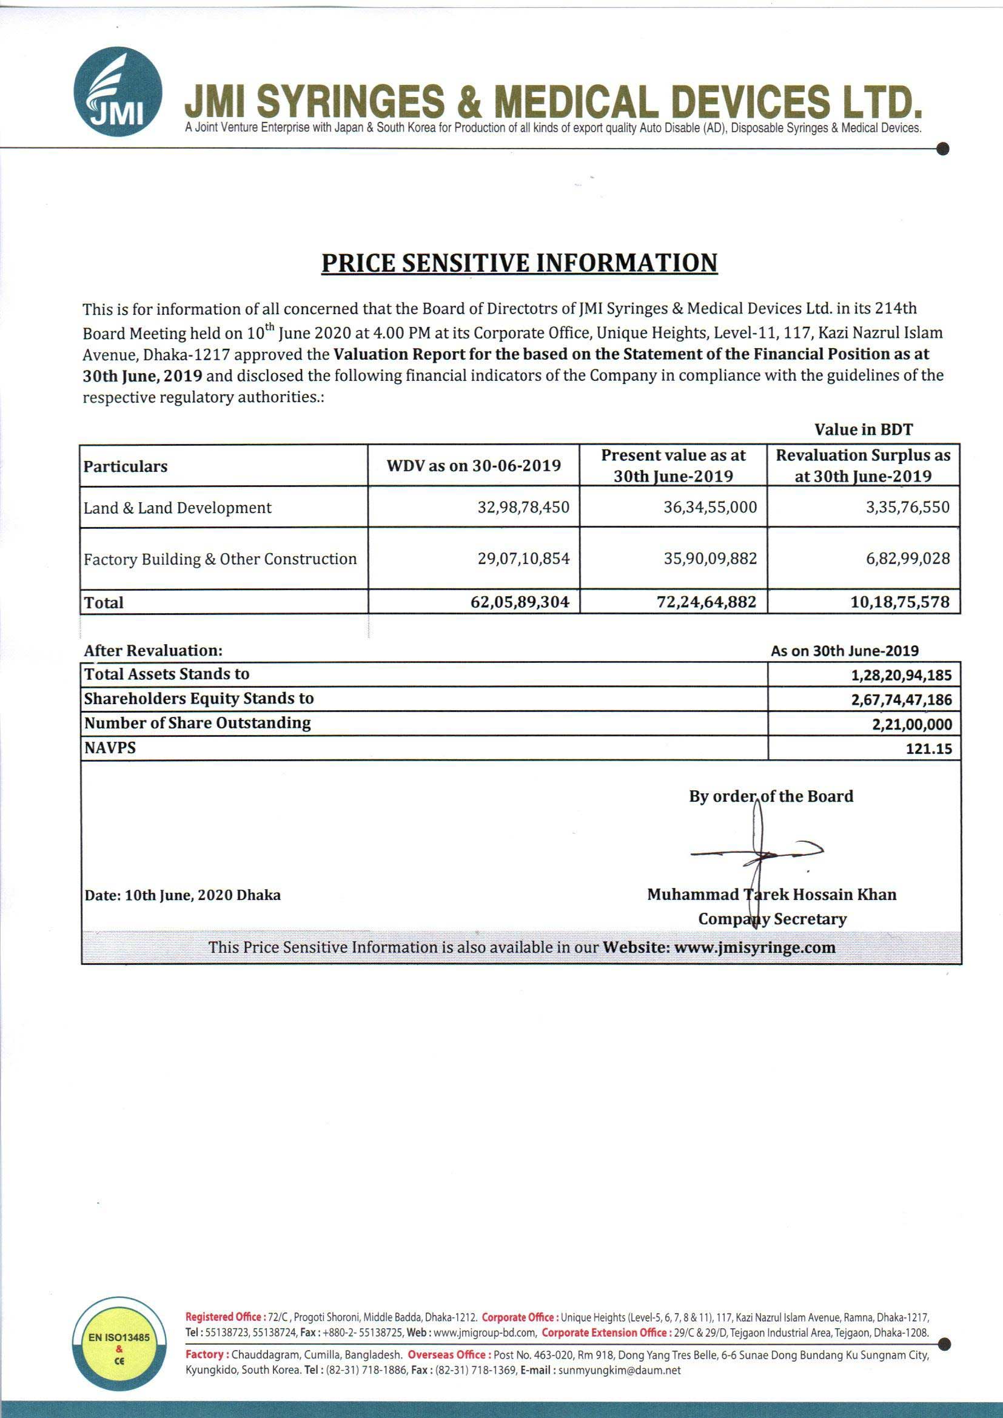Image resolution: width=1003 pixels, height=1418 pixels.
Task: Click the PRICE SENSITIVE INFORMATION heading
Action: (x=519, y=263)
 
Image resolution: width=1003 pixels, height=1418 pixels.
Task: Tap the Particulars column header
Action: (x=126, y=466)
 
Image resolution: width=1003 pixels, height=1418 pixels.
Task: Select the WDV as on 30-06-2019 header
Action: (x=474, y=466)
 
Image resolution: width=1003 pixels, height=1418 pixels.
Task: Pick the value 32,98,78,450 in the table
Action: (x=523, y=507)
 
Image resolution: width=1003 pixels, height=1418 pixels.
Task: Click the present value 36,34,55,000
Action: (x=709, y=507)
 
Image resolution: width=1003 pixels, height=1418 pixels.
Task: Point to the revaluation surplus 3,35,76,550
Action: (x=907, y=507)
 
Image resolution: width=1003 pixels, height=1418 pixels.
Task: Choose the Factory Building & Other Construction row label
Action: (x=220, y=559)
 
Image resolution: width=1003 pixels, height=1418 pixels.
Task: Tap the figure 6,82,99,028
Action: (x=907, y=559)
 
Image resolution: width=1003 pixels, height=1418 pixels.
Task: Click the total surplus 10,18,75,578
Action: (x=899, y=602)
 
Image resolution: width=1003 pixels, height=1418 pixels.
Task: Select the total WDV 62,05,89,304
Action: (x=520, y=602)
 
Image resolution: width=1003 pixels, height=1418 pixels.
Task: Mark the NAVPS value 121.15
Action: (x=928, y=749)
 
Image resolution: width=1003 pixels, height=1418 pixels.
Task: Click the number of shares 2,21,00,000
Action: (x=911, y=724)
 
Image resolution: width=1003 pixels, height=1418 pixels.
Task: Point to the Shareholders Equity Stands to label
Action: (x=198, y=699)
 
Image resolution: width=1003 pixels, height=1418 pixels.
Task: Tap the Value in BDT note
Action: (x=863, y=429)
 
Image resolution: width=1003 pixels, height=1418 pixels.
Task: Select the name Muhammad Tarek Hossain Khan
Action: (x=771, y=894)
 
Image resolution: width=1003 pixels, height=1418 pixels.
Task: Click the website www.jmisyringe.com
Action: (x=754, y=947)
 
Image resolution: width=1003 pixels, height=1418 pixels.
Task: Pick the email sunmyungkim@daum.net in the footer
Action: (x=619, y=1371)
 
